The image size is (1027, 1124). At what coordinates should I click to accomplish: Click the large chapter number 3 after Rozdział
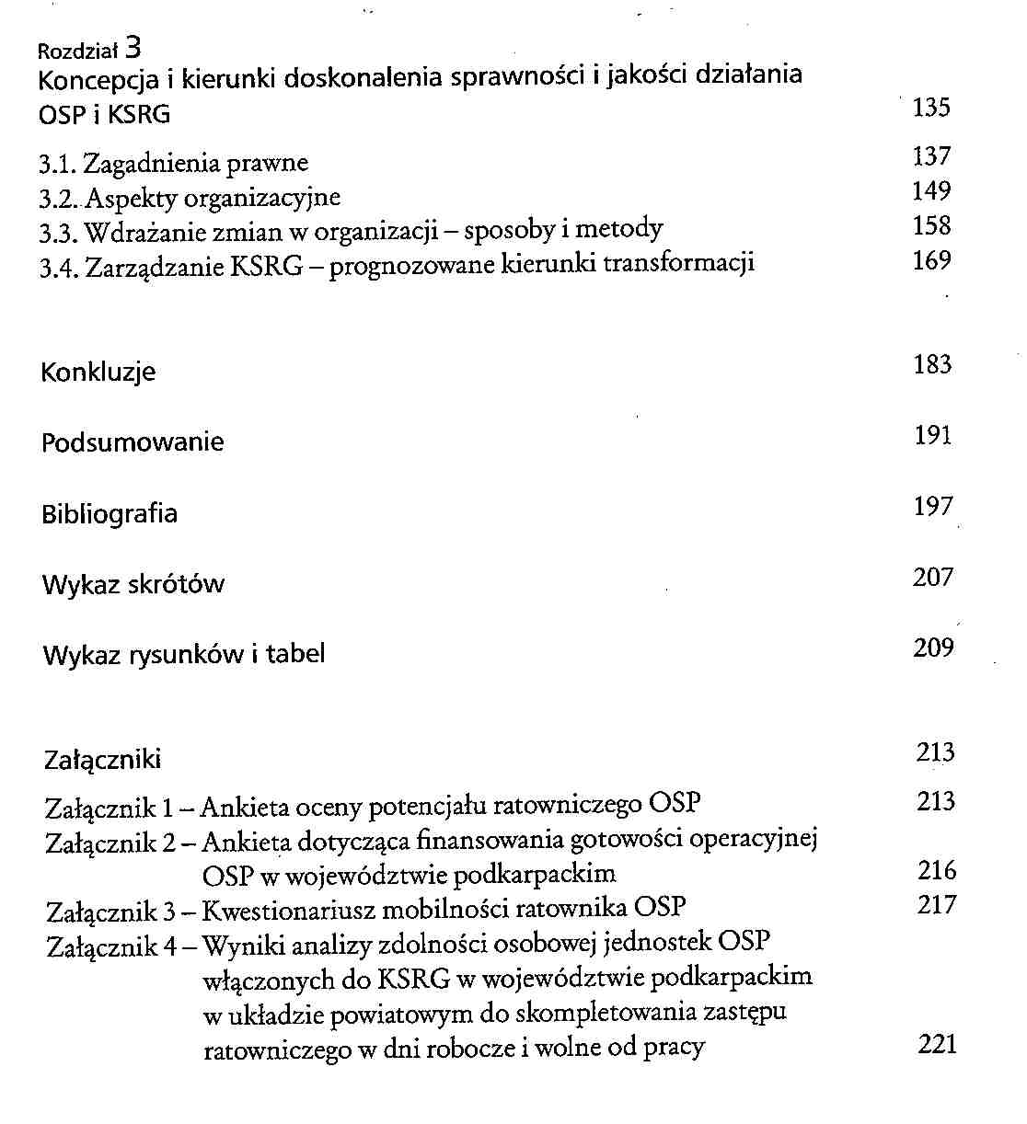(x=133, y=47)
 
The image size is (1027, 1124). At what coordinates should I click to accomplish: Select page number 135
(x=931, y=108)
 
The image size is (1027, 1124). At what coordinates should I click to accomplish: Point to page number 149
(x=931, y=191)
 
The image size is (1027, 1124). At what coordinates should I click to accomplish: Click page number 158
(x=931, y=226)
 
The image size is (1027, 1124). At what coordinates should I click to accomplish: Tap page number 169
(x=931, y=261)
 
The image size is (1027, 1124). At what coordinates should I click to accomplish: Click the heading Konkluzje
(x=98, y=373)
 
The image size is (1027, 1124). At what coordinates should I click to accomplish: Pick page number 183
(x=932, y=365)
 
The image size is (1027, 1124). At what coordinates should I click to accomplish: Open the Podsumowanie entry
(x=133, y=442)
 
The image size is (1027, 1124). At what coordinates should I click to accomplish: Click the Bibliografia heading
(x=110, y=513)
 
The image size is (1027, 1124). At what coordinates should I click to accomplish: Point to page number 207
(x=932, y=578)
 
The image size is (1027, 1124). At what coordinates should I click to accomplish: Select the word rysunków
(x=187, y=655)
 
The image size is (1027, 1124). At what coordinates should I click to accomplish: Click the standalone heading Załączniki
(x=102, y=760)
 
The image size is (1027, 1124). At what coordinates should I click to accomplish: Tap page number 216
(x=937, y=870)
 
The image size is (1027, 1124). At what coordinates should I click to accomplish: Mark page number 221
(x=937, y=1044)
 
